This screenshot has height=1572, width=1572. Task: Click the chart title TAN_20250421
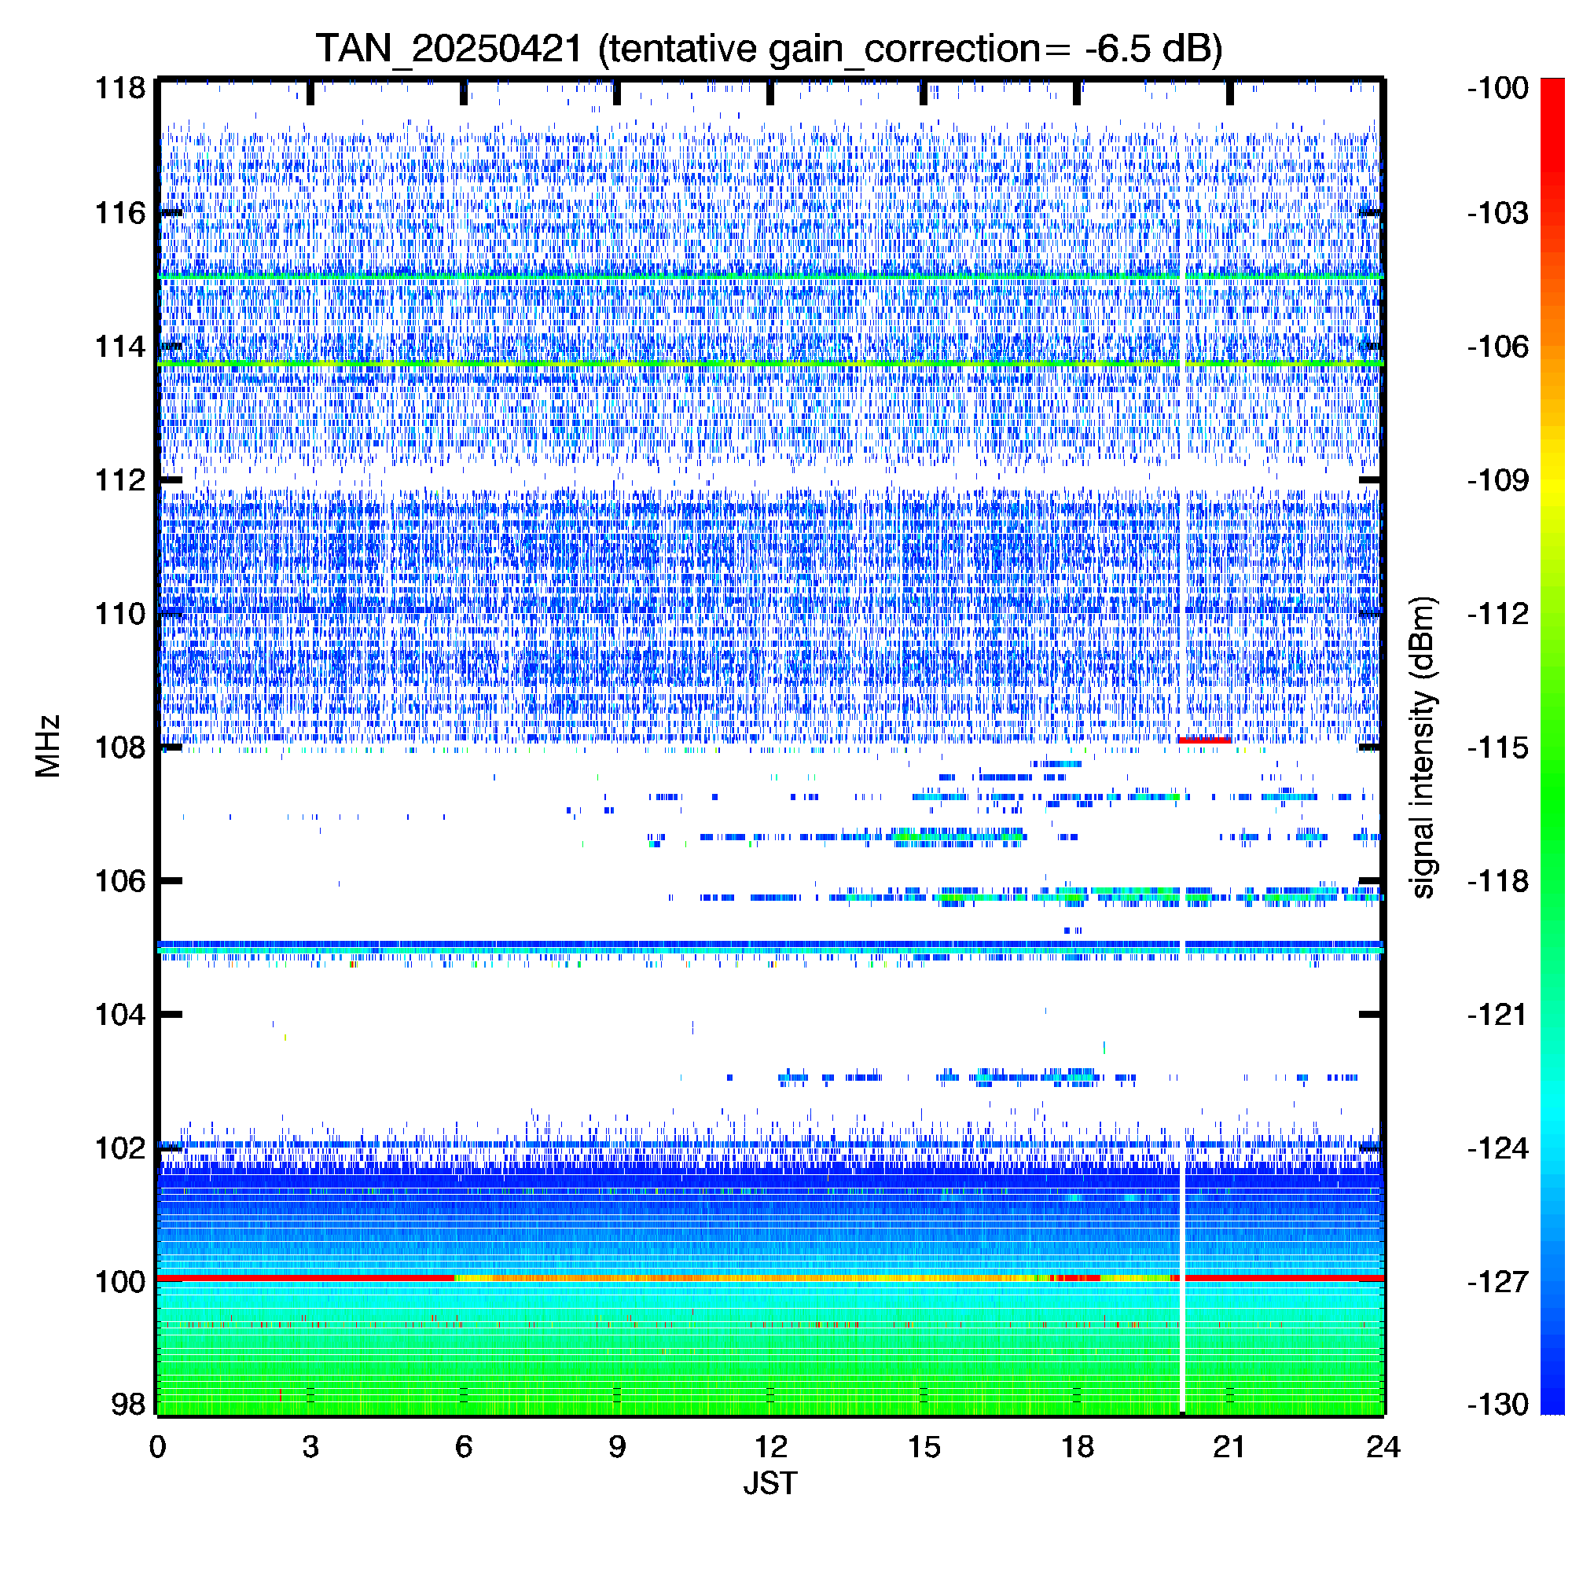tap(448, 49)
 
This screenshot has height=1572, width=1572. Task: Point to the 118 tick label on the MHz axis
tap(120, 88)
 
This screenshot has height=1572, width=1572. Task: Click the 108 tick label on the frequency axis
tap(120, 747)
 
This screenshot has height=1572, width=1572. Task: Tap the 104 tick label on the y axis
tap(120, 1015)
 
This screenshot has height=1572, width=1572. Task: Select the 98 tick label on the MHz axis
tap(129, 1405)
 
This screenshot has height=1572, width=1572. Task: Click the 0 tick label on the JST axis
tap(158, 1447)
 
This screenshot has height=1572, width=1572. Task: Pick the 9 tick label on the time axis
tap(617, 1447)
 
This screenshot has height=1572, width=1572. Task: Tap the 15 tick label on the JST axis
tap(924, 1447)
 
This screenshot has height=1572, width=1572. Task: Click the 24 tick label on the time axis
tap(1383, 1447)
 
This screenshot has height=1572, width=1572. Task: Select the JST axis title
tap(770, 1482)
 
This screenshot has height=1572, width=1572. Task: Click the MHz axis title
tap(48, 746)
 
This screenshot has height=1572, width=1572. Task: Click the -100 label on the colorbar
tap(1498, 88)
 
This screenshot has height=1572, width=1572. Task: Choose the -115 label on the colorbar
tap(1498, 747)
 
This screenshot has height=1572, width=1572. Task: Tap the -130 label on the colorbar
tap(1498, 1405)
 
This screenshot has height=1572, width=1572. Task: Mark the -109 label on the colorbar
tap(1498, 480)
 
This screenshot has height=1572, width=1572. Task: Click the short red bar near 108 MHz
tap(1204, 740)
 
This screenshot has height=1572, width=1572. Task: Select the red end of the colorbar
tap(1552, 90)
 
